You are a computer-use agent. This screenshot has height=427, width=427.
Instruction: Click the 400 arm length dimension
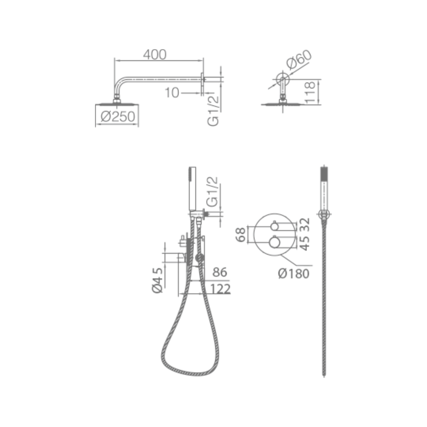tap(155, 55)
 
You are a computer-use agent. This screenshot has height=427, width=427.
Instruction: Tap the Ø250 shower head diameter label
tap(118, 117)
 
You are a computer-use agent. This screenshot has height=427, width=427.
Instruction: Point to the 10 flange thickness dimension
tap(172, 93)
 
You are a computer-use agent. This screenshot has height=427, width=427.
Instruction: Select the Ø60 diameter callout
tap(299, 59)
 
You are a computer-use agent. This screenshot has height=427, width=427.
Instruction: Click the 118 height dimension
tap(310, 93)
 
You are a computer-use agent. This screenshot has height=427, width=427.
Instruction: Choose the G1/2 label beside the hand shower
tap(212, 192)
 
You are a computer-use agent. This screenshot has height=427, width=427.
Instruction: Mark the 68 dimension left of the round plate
tap(240, 235)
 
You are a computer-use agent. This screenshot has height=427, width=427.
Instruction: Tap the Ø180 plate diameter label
tap(294, 273)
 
